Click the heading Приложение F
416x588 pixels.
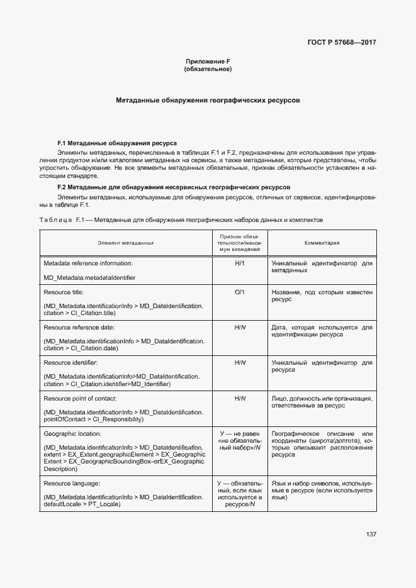coord(208,61)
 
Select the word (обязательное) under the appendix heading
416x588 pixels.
coord(208,69)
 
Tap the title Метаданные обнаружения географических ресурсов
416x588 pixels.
coord(208,100)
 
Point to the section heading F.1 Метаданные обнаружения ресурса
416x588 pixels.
coord(117,143)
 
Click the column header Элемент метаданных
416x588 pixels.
coord(126,242)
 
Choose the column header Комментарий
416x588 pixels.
coord(322,242)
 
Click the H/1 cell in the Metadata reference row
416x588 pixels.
coord(240,263)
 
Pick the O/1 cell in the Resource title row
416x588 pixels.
coord(240,293)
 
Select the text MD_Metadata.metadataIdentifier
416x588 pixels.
coord(89,277)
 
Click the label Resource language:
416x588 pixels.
coord(72,483)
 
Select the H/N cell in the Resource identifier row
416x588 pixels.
coord(240,363)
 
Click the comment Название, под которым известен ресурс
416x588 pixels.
coord(322,296)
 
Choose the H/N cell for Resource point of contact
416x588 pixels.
coord(240,399)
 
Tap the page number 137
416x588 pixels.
coord(371,535)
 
